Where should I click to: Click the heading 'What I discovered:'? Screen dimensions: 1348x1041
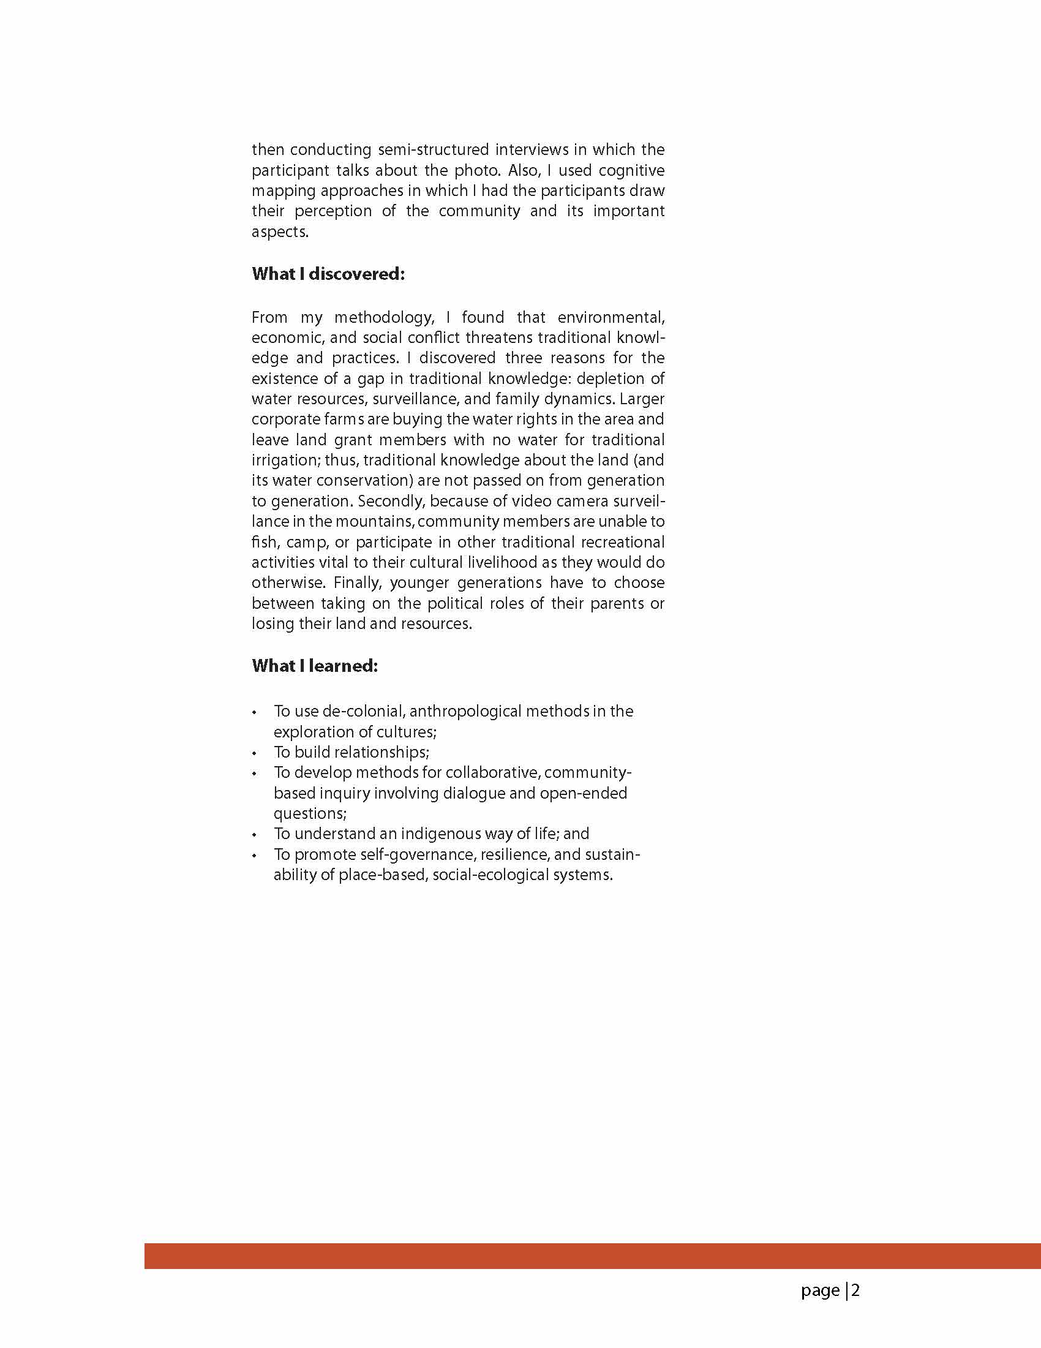point(328,274)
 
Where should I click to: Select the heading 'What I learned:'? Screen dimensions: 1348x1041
point(315,666)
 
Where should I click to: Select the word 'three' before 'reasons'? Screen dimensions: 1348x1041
point(523,358)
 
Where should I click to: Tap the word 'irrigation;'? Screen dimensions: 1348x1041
point(286,461)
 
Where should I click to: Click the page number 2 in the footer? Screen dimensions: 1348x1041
point(855,1290)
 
